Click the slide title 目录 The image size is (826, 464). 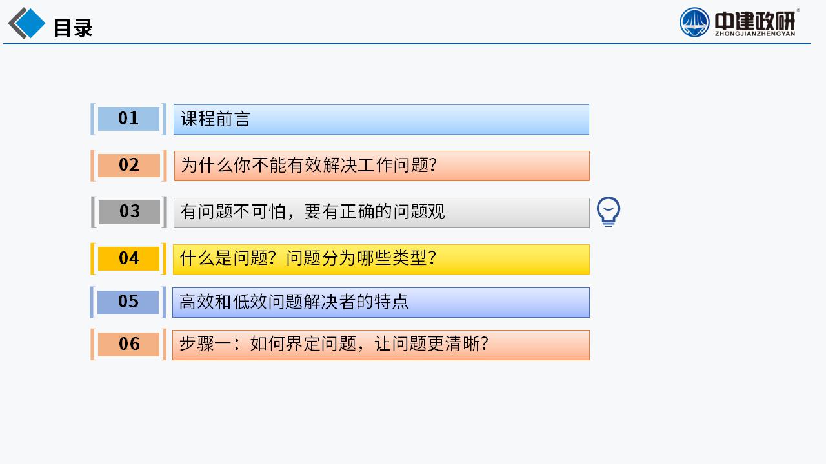[74, 28]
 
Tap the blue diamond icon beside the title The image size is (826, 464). [29, 23]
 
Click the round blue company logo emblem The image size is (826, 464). [694, 23]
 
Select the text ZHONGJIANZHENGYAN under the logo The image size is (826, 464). [755, 34]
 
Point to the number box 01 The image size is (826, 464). [128, 119]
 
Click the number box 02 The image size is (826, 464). [128, 165]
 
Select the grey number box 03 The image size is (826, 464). [129, 212]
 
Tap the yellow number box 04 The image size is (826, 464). [128, 258]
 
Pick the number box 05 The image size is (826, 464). [128, 302]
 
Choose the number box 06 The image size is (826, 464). [128, 344]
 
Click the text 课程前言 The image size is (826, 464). [216, 119]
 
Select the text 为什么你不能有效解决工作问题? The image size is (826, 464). [308, 165]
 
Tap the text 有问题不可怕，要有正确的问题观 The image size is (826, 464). [312, 212]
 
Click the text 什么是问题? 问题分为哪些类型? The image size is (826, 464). [308, 258]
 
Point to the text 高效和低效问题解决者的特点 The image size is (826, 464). [294, 302]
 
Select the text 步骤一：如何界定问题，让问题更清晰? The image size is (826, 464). [334, 344]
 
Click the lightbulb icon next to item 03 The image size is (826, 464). [609, 212]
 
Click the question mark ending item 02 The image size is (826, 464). [433, 165]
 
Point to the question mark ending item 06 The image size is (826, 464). [485, 344]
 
